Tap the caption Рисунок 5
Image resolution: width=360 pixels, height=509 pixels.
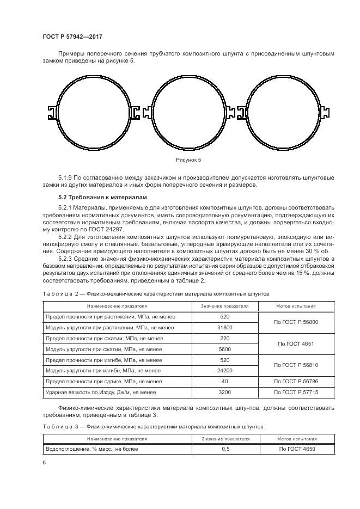(188, 160)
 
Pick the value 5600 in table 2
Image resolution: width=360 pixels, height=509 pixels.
(224, 349)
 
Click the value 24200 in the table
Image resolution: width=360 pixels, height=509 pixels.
(224, 371)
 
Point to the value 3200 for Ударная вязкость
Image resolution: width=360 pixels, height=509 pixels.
(224, 393)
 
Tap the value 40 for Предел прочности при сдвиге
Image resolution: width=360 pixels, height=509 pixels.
(224, 382)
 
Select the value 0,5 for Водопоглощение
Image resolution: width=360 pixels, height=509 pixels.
(225, 449)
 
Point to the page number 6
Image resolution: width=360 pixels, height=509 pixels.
(44, 462)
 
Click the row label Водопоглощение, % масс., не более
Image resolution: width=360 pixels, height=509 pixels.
(91, 449)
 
